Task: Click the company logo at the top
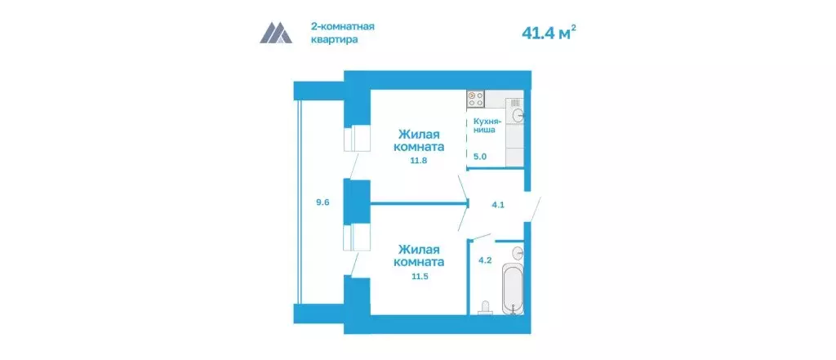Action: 276,33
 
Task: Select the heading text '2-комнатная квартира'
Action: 343,32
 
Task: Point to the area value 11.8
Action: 420,161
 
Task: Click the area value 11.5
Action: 420,277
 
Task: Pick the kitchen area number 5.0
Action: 480,156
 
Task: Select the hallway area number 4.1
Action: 500,205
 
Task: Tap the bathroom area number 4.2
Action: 483,261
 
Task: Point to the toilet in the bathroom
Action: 487,307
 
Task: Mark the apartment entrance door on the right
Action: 535,207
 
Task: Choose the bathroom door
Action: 482,236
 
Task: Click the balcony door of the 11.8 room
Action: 352,167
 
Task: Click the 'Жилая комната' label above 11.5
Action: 421,256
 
